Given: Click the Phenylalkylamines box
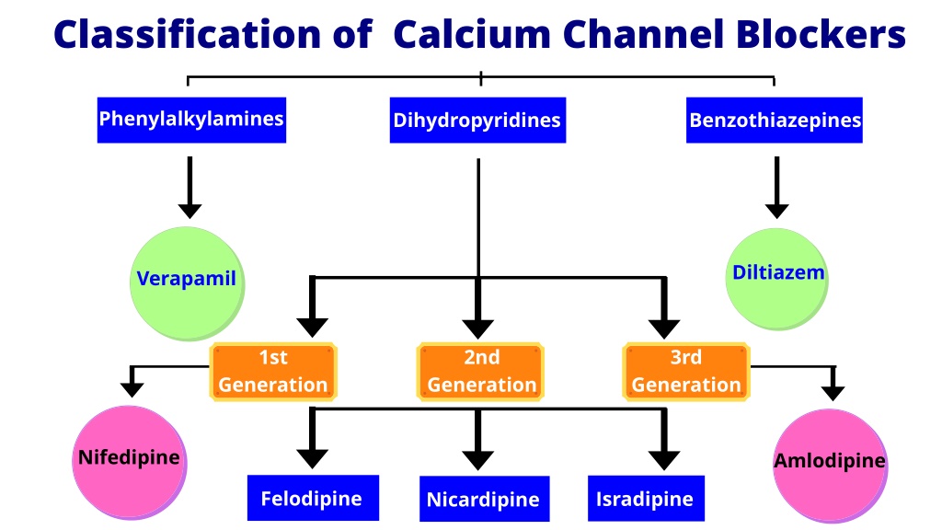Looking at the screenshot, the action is tap(191, 120).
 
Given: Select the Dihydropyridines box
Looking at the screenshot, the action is tap(477, 121).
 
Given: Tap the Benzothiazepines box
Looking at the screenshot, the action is tap(775, 121).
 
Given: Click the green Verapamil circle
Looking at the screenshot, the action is tap(187, 283).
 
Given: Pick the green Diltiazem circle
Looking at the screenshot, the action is tap(776, 279).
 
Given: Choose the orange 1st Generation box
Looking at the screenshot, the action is tap(272, 372).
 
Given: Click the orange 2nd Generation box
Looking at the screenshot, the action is tap(480, 372).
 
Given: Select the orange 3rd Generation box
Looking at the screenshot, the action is tap(686, 372).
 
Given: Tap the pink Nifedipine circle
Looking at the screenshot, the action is tap(130, 462).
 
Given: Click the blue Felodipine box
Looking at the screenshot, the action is tap(313, 498).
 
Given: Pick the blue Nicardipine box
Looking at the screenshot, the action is tap(484, 499).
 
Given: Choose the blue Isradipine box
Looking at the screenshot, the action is tap(646, 499).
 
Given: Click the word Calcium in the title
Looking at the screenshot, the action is tap(472, 34).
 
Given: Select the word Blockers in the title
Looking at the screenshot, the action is tap(821, 34).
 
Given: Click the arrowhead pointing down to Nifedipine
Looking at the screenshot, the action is tap(132, 390).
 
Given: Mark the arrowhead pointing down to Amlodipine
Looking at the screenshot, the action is tap(833, 393).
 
